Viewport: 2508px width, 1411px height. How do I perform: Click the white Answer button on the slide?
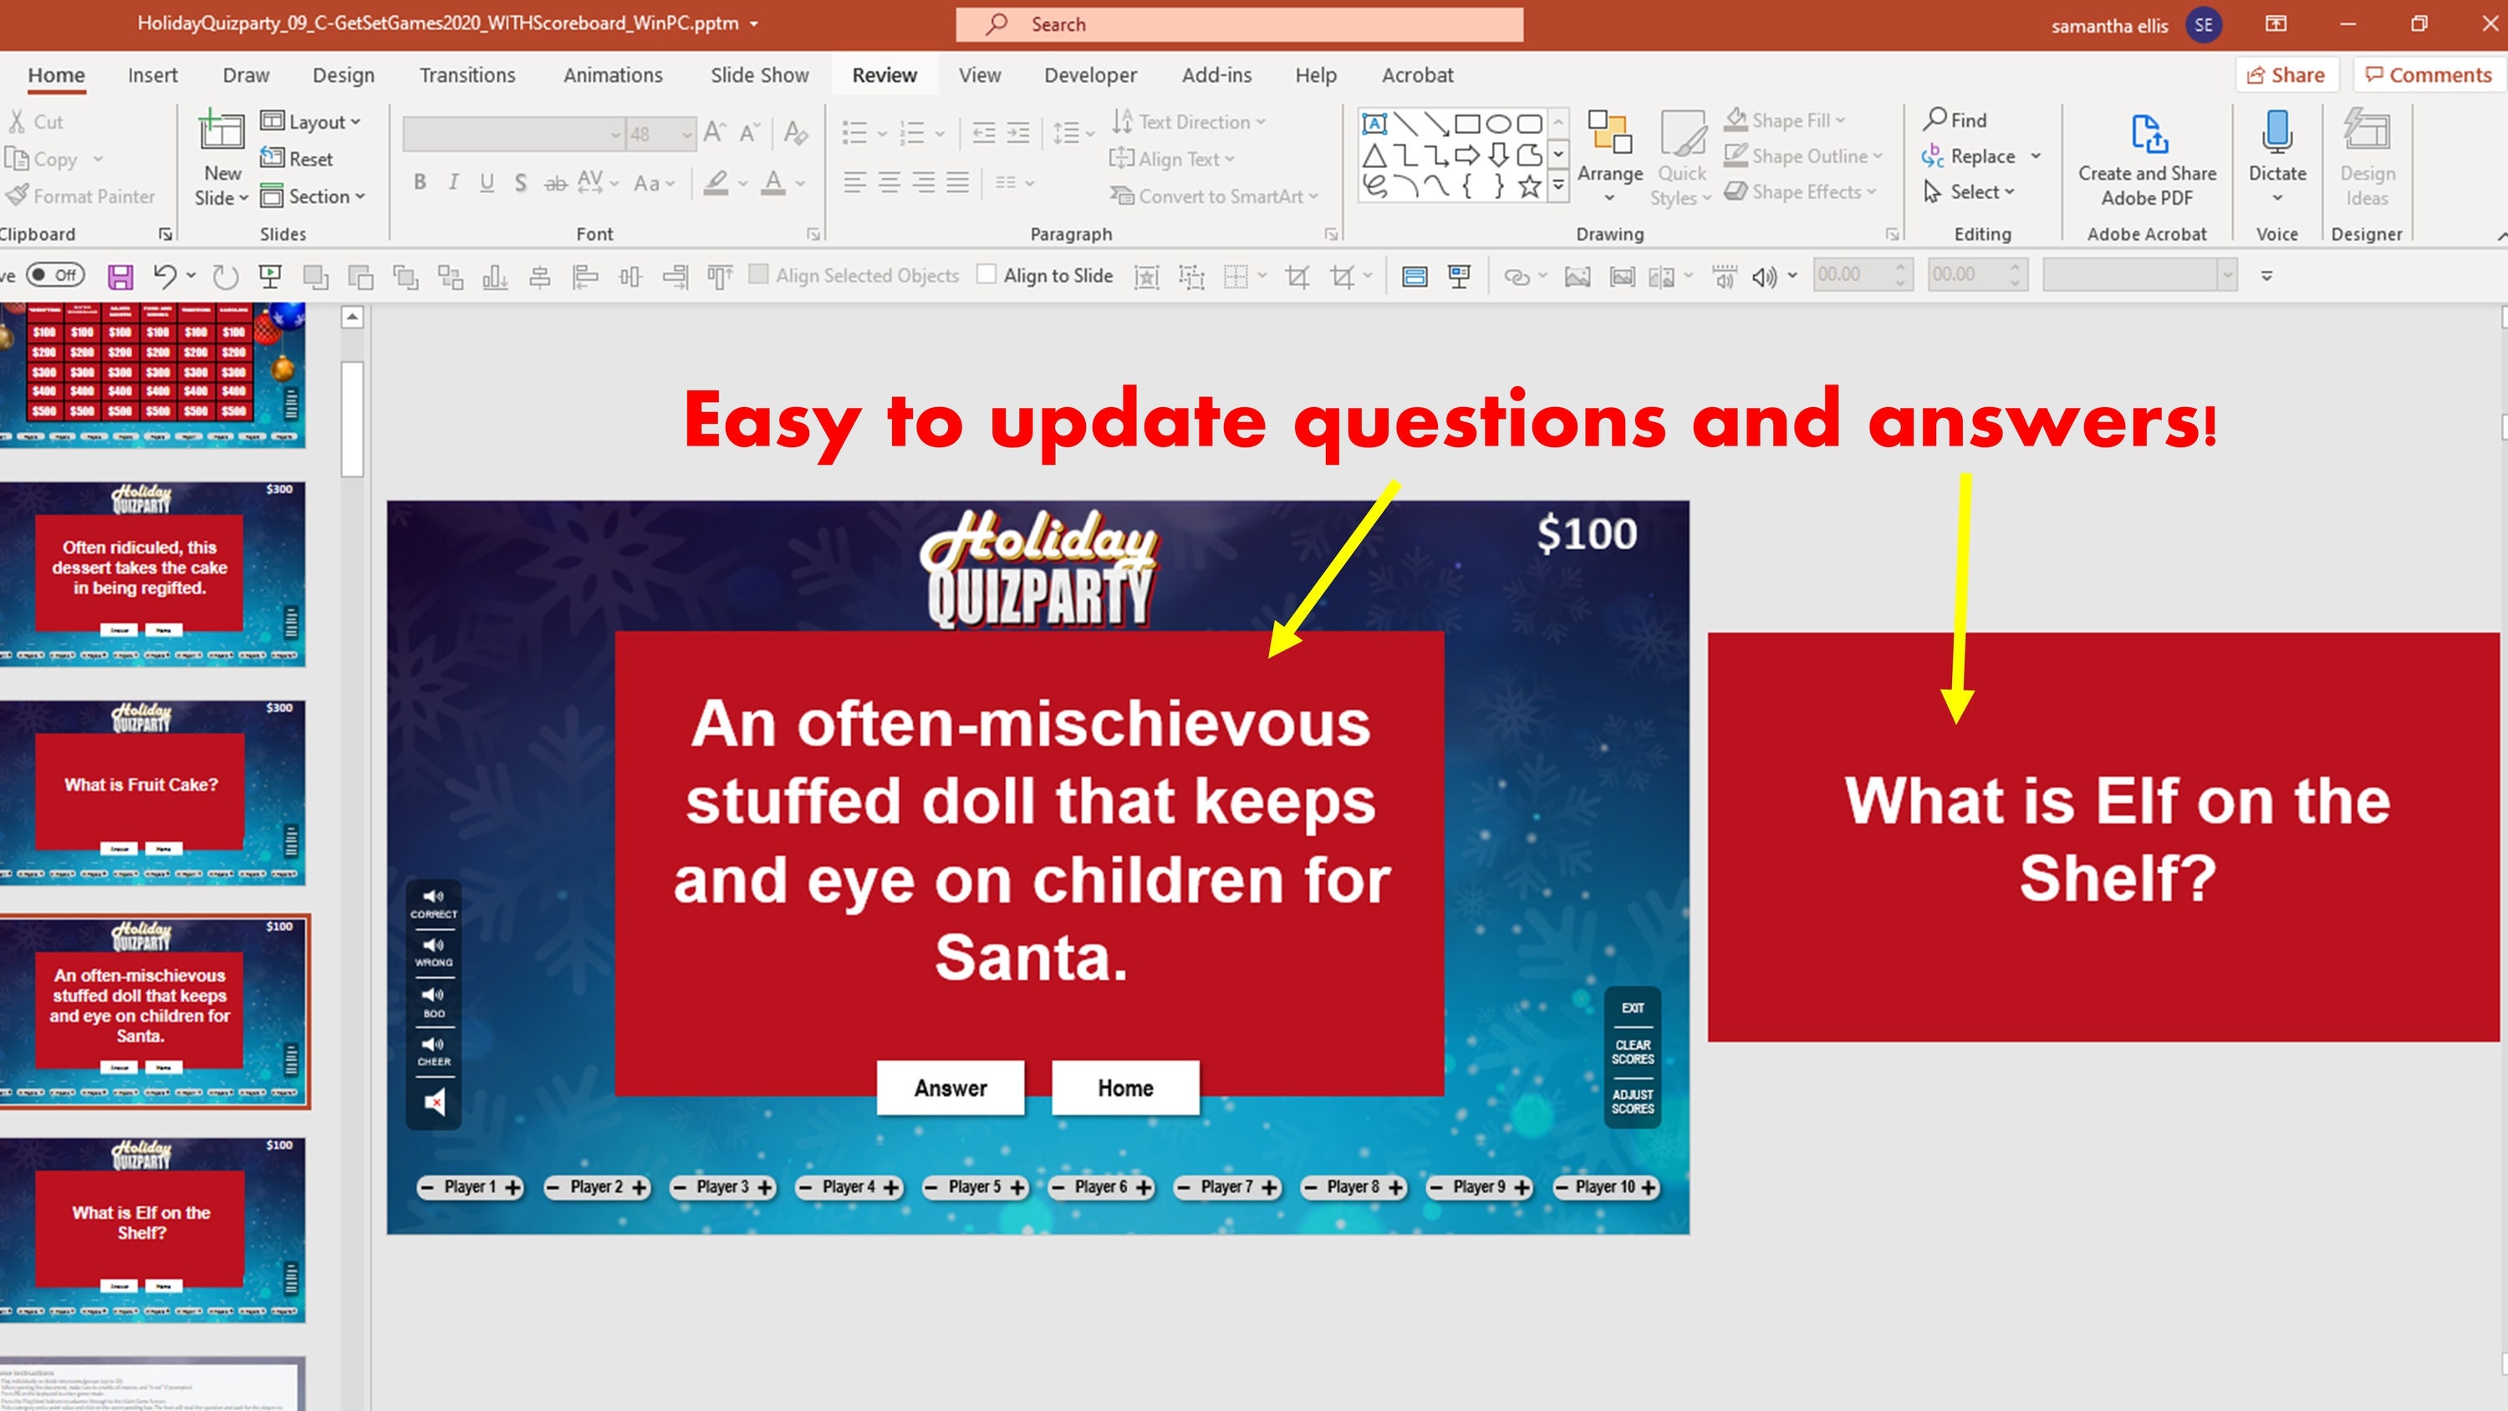[x=951, y=1088]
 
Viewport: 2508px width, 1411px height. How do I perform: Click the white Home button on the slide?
[x=1124, y=1088]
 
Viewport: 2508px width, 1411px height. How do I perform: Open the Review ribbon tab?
[x=884, y=75]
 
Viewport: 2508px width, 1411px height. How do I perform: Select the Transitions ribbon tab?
[x=467, y=75]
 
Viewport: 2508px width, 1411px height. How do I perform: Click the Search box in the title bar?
[x=1238, y=24]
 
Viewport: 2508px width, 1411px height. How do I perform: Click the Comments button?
[x=2429, y=75]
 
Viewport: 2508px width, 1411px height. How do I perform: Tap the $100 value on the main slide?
[x=1586, y=533]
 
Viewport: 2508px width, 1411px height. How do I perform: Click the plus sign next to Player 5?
[x=1017, y=1187]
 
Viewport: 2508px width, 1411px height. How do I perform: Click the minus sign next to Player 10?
[x=1562, y=1187]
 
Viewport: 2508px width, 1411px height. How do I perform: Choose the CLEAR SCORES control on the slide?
[x=1632, y=1052]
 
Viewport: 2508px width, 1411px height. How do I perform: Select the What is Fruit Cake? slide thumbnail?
[x=153, y=792]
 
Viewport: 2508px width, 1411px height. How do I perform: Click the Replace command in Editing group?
[x=1981, y=155]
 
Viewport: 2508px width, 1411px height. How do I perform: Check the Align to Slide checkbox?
[x=986, y=275]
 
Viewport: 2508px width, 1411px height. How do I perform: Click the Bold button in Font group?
[x=420, y=182]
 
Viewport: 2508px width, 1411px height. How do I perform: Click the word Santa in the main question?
[x=1030, y=956]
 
